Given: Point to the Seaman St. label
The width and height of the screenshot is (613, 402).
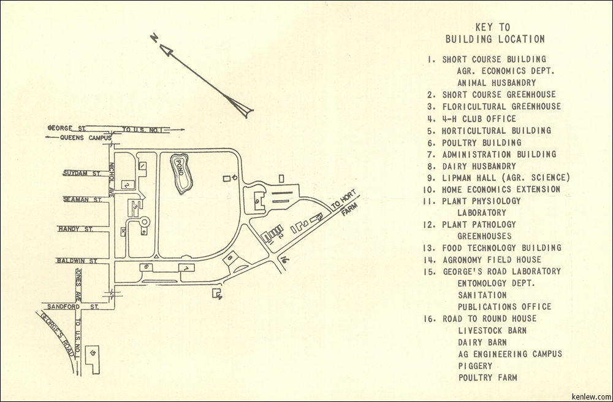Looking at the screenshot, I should click(82, 199).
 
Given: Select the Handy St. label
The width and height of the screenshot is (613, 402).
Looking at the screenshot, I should click(75, 229).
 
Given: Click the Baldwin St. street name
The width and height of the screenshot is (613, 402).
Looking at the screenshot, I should click(77, 260).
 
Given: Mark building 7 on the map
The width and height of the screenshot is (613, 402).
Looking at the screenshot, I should click(185, 268).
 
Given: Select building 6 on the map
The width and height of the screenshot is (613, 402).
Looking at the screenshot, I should click(147, 267).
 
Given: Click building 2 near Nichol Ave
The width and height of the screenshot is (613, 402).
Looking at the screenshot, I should click(126, 184).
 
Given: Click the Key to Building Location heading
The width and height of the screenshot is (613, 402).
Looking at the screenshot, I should click(494, 33).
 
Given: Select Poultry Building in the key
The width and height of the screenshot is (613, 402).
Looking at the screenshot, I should click(482, 142).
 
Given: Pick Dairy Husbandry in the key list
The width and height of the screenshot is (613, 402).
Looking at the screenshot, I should click(479, 166).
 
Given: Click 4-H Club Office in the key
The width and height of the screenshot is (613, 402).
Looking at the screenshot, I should click(479, 119).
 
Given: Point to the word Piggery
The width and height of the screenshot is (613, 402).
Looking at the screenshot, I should click(475, 366).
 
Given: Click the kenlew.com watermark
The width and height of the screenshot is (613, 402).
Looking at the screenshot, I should click(590, 396).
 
